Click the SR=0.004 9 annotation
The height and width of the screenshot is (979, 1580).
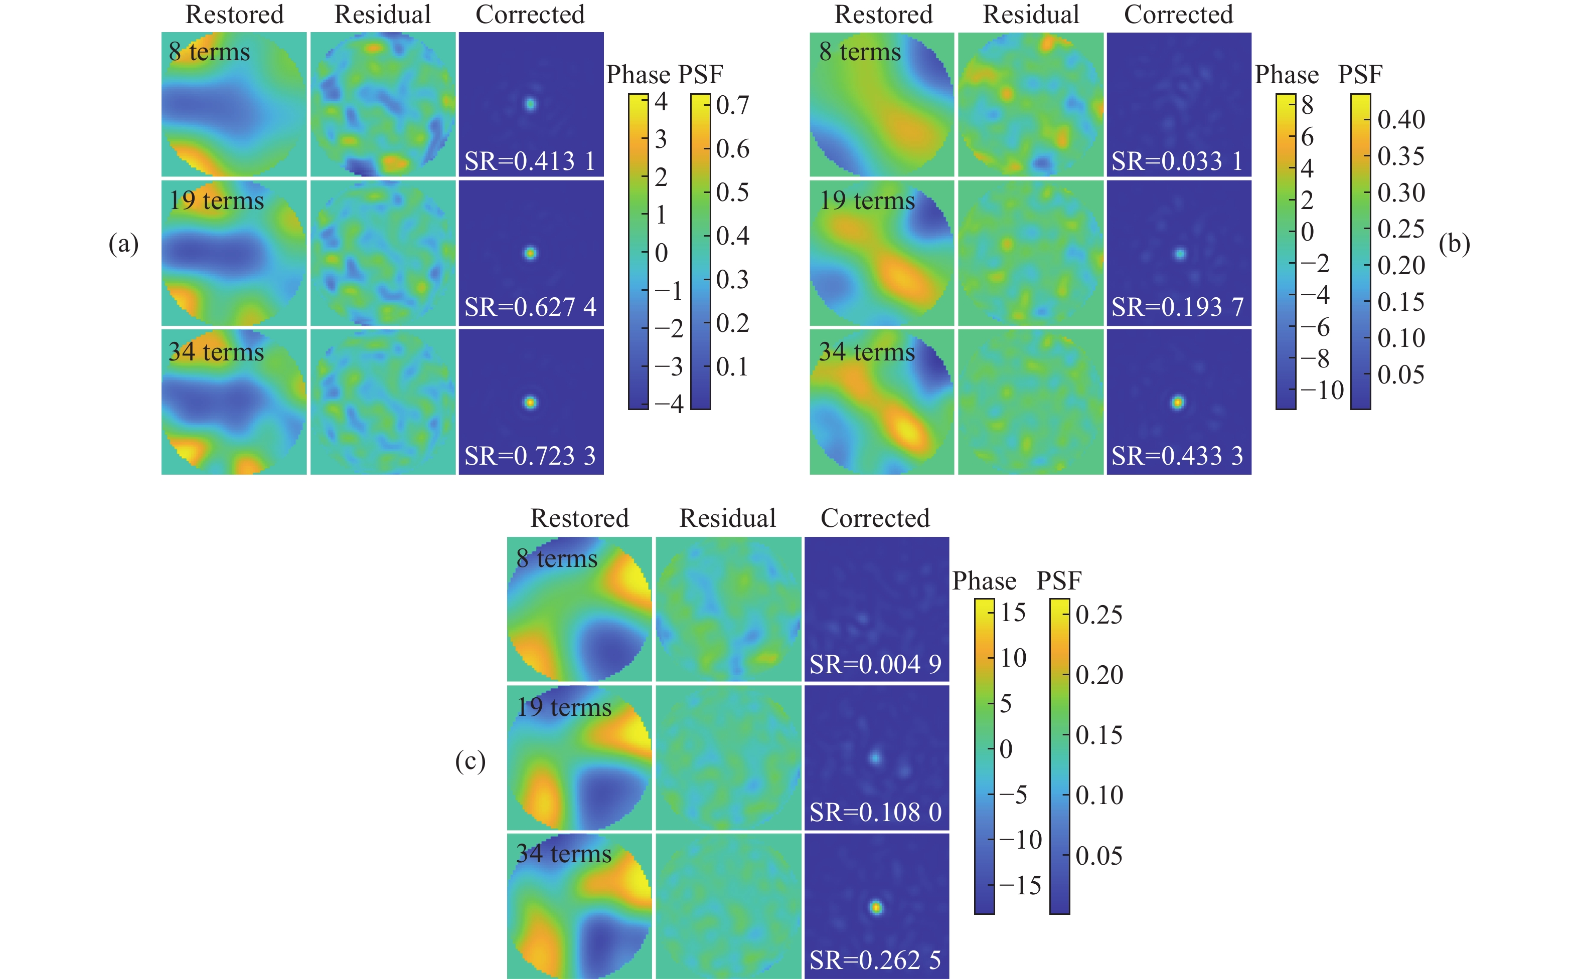click(x=875, y=664)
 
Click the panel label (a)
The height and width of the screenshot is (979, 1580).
click(x=123, y=244)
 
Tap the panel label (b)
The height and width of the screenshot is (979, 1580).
click(x=1454, y=244)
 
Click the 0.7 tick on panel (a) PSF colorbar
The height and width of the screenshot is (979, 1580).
click(x=732, y=105)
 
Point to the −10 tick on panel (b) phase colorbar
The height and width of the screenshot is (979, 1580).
click(x=1322, y=390)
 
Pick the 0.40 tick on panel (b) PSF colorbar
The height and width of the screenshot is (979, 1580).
click(x=1400, y=120)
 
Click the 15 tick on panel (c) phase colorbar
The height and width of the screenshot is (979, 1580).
click(x=1013, y=613)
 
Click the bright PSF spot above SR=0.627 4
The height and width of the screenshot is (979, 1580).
click(x=530, y=253)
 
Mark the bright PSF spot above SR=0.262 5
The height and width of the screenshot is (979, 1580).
click(x=876, y=907)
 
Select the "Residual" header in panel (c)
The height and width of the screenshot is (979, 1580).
click(x=727, y=518)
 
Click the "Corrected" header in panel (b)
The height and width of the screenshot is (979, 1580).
click(x=1178, y=14)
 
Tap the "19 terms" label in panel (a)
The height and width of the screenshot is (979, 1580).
click(x=216, y=201)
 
